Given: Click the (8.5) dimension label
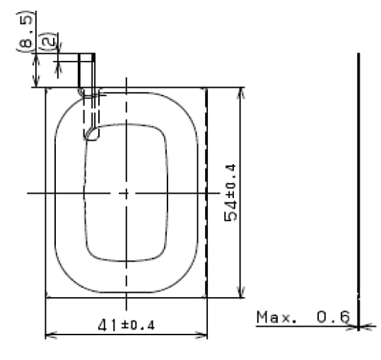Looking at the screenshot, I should (26, 33).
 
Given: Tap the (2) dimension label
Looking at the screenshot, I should (48, 42).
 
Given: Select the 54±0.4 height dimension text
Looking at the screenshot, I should (230, 192).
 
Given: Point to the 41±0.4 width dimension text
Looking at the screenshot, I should (126, 325).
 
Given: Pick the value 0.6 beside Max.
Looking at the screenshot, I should (332, 317).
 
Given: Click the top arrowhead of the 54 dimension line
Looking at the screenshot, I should (241, 92).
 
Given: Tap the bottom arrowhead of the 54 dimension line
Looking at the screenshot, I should (241, 294).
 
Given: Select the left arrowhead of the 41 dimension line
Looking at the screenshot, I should (49, 335).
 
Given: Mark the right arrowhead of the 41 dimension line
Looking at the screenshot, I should (203, 335).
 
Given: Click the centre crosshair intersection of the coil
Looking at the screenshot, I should (126, 192).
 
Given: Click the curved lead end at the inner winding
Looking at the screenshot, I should (89, 134).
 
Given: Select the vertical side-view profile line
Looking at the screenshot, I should (358, 177).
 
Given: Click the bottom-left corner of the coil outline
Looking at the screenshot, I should (46, 297).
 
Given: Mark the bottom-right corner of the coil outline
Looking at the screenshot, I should (206, 297).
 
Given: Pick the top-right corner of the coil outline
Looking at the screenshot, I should (206, 88).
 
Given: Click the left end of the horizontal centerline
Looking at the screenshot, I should (28, 192).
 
